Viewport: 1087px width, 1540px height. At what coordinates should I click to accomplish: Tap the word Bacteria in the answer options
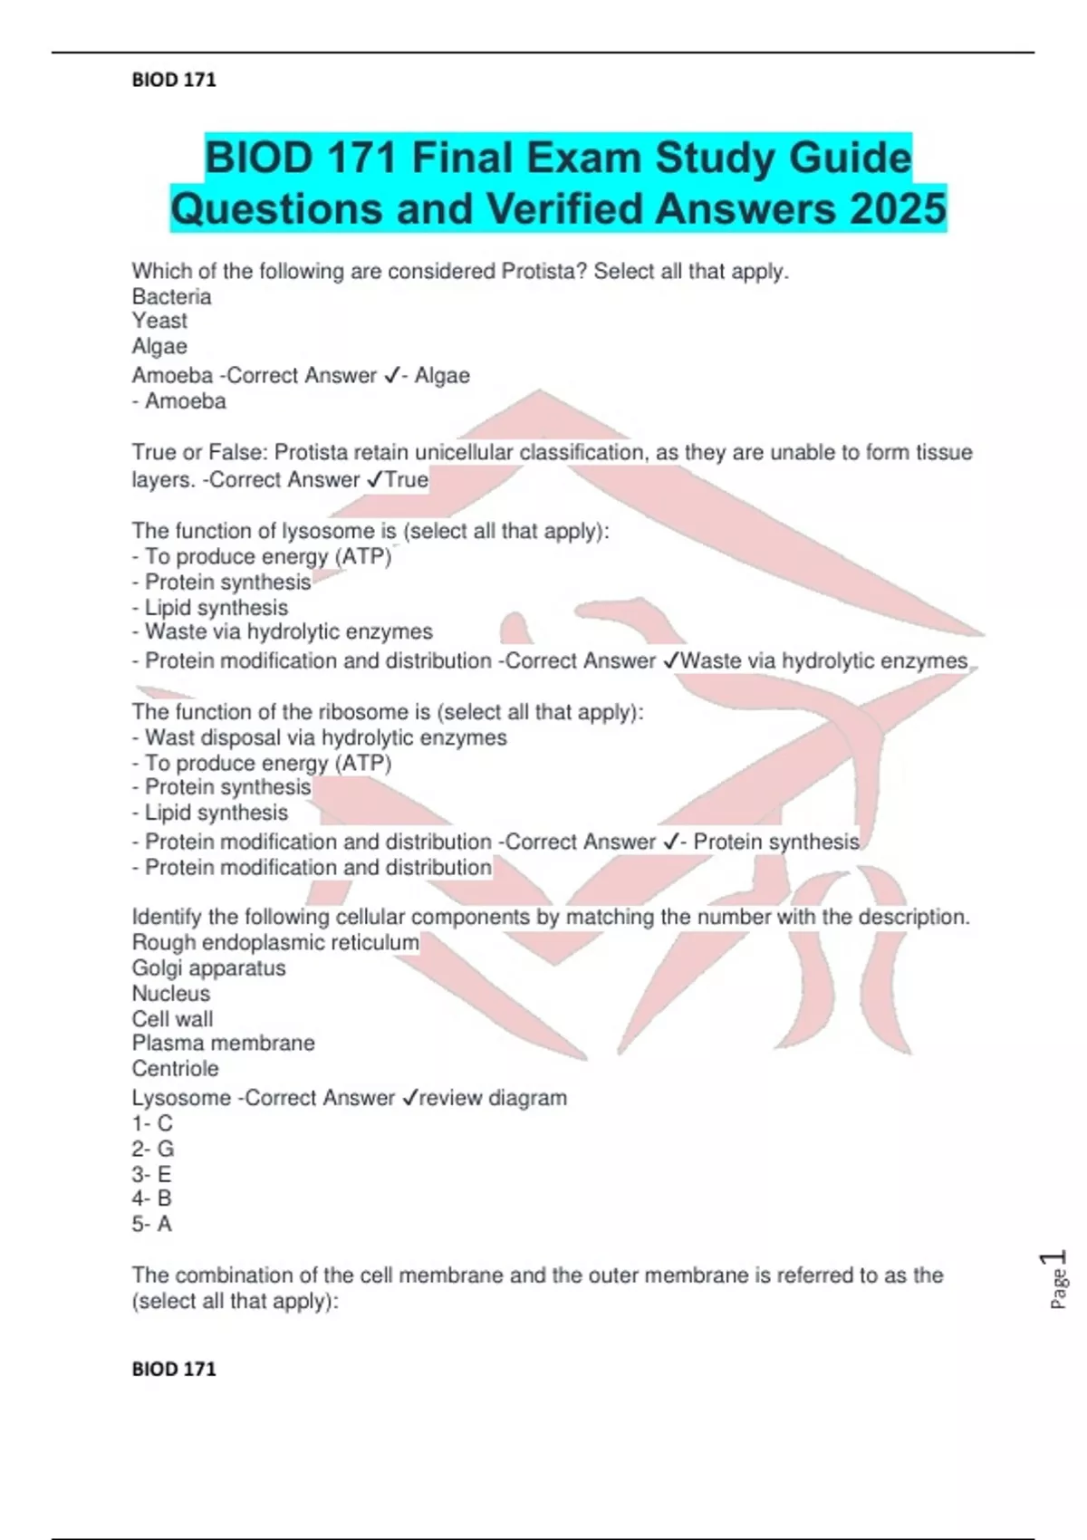point(171,296)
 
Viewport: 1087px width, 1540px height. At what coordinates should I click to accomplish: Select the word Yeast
point(159,321)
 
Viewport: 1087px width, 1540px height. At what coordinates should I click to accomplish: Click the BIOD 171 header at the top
point(174,80)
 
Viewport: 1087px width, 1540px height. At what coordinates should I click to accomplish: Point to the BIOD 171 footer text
point(174,1369)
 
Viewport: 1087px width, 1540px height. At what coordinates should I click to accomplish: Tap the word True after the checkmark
point(407,479)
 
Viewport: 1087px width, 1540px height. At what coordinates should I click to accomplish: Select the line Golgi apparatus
point(208,967)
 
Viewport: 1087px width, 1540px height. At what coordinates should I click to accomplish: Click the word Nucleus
point(170,993)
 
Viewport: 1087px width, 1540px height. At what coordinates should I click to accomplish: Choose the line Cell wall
point(172,1018)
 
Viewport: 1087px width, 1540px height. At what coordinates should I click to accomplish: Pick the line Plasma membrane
point(223,1043)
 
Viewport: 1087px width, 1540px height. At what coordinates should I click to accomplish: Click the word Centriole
point(175,1068)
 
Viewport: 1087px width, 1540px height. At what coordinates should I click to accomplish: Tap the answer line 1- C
point(152,1123)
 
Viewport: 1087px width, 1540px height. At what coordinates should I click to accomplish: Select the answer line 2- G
point(153,1149)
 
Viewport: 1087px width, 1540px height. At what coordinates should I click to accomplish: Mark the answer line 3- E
point(151,1174)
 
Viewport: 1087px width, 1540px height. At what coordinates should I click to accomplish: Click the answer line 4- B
point(151,1198)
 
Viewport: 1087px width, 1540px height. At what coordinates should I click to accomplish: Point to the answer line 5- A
point(151,1224)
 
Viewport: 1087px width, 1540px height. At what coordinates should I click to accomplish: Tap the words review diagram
point(493,1098)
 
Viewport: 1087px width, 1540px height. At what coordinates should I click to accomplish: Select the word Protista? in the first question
point(544,271)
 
